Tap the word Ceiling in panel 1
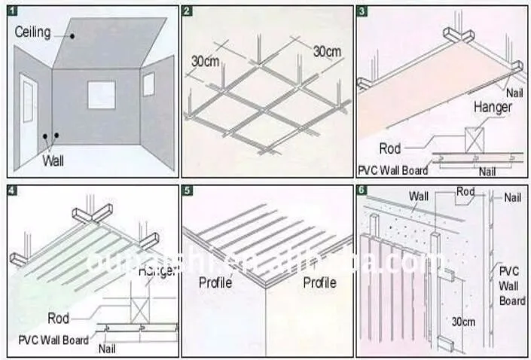(33, 32)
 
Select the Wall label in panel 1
(53, 160)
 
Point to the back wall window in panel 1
(101, 95)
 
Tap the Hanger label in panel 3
(492, 108)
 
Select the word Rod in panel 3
(390, 148)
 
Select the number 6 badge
(362, 190)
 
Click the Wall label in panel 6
(420, 197)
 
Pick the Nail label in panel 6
(512, 197)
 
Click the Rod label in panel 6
(465, 191)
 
